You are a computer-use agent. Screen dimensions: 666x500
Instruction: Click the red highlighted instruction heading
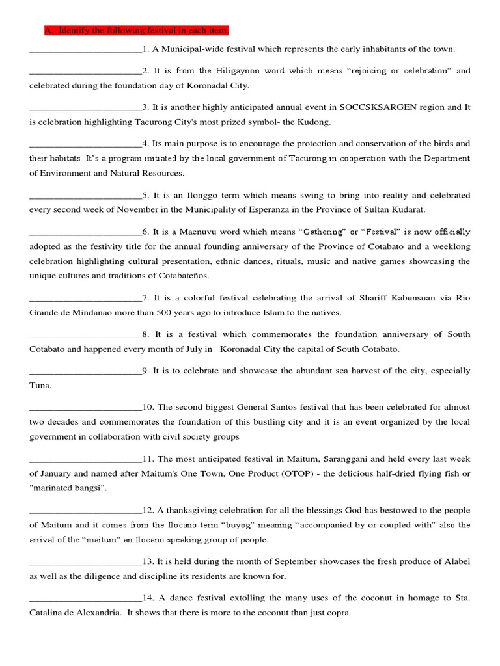click(136, 31)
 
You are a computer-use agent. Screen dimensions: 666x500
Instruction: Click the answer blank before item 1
click(85, 50)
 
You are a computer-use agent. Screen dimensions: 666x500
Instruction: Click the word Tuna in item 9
click(40, 385)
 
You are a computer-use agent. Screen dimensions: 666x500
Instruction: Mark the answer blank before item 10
click(85, 408)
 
